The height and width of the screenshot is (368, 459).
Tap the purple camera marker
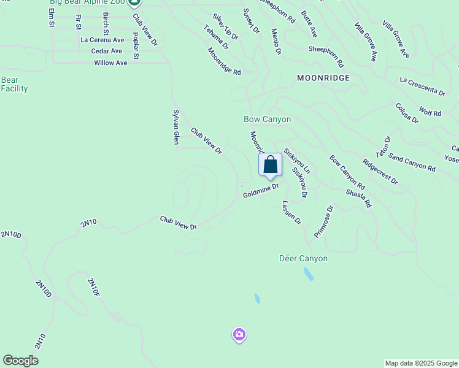click(x=239, y=335)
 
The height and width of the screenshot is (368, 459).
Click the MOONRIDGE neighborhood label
click(x=323, y=78)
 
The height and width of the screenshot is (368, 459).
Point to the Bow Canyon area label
click(x=267, y=119)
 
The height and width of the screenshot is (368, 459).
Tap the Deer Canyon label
click(x=303, y=258)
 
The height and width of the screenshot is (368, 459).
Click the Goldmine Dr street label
click(x=261, y=191)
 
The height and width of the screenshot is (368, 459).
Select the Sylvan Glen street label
click(x=175, y=128)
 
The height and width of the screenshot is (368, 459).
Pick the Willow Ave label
click(x=110, y=63)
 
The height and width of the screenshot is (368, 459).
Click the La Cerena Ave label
click(x=102, y=40)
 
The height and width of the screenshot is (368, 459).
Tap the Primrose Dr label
click(x=323, y=221)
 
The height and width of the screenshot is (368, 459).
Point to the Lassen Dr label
click(x=292, y=212)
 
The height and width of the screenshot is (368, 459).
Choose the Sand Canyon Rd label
click(x=412, y=164)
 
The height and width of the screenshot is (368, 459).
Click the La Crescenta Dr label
click(x=422, y=87)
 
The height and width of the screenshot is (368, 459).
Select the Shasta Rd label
click(x=359, y=197)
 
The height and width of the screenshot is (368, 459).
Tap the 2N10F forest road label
click(x=93, y=288)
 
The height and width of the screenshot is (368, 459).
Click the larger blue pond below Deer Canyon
click(x=308, y=274)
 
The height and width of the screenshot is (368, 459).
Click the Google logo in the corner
click(x=20, y=361)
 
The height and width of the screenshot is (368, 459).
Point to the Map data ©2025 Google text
click(x=420, y=363)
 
